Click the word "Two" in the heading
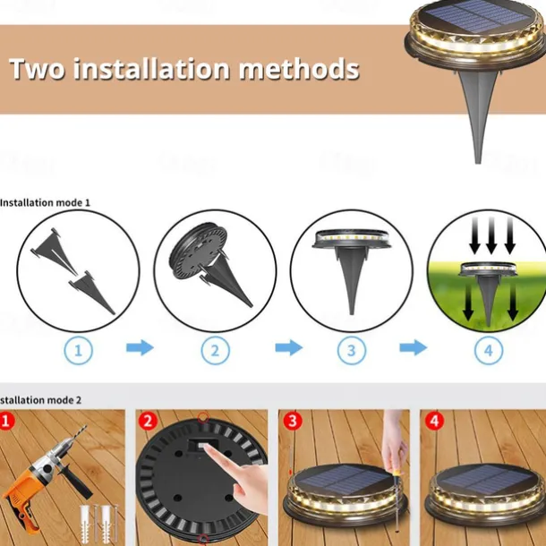point(38,68)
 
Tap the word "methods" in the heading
point(299,68)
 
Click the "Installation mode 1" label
point(45,202)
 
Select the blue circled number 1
point(79,350)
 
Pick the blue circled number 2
point(215,350)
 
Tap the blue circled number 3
point(352,350)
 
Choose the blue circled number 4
point(489,350)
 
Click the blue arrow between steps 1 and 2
point(140,347)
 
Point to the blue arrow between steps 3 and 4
point(414,347)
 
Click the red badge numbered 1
point(6,421)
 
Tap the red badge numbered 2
point(148,421)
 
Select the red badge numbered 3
point(293,421)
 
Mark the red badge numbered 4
point(434,421)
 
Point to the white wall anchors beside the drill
point(98,523)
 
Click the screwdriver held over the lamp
point(397,500)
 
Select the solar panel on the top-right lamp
point(477,16)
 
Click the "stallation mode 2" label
point(40,400)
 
